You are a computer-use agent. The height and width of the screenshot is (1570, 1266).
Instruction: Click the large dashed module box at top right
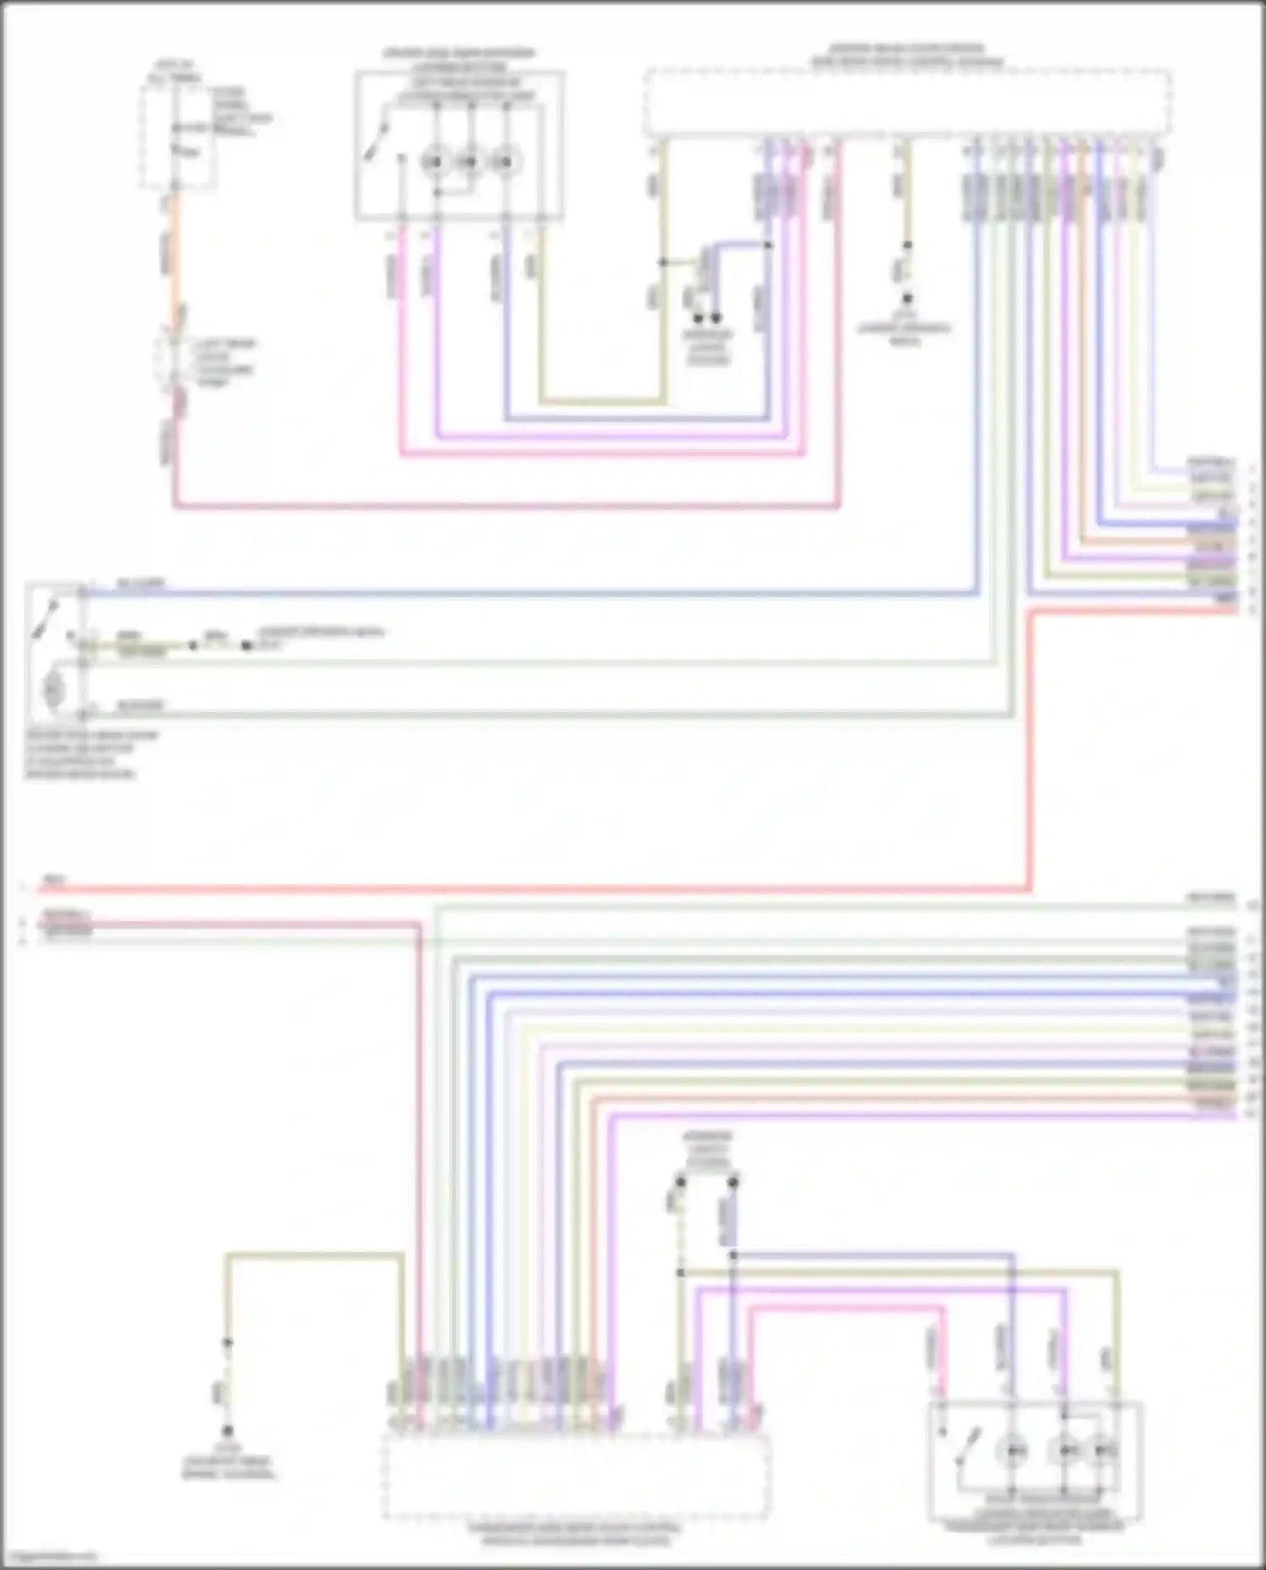tap(907, 103)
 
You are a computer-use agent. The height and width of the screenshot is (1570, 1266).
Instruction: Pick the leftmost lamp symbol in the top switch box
tap(436, 161)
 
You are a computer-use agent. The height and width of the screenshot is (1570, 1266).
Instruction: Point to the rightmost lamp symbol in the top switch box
tap(506, 161)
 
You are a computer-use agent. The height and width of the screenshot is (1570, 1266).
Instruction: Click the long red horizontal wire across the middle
tap(540, 889)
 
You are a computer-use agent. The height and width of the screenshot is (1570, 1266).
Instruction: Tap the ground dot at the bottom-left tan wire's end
tap(227, 1431)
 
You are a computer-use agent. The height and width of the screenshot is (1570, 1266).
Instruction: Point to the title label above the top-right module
tap(907, 56)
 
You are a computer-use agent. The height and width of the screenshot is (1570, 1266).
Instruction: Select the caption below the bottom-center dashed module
tap(576, 1533)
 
